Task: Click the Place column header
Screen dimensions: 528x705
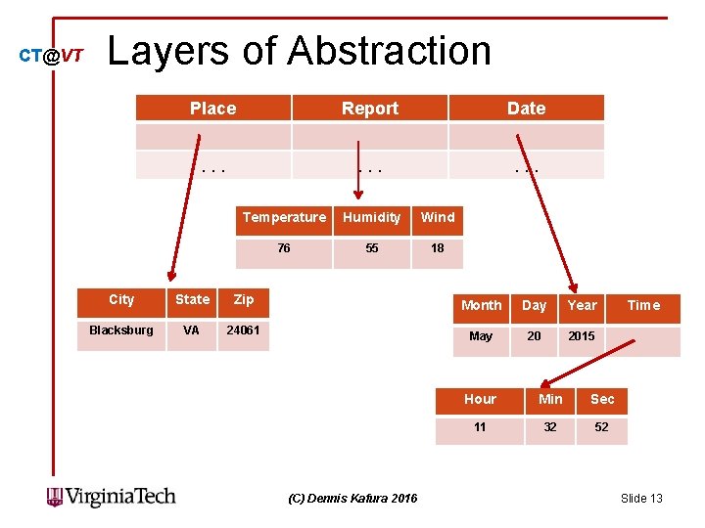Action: (212, 109)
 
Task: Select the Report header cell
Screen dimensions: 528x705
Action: (369, 109)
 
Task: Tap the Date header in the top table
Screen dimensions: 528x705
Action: (526, 109)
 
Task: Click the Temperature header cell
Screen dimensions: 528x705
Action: (284, 217)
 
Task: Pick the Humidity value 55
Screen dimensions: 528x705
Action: (372, 248)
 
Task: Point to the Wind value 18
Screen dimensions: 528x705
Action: (438, 248)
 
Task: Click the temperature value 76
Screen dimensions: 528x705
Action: (284, 248)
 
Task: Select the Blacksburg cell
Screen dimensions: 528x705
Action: (121, 330)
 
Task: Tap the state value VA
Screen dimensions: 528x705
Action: (191, 330)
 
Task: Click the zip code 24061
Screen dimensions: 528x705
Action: (243, 330)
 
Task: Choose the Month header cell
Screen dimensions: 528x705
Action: (481, 305)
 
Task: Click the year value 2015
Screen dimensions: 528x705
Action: (582, 336)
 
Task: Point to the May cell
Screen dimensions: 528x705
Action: (481, 336)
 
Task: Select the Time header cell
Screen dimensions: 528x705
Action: (643, 305)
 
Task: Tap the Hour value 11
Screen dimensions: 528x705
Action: (480, 427)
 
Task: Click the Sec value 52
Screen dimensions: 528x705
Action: (601, 427)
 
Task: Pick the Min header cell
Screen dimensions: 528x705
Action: (550, 399)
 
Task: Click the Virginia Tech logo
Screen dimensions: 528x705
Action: (112, 497)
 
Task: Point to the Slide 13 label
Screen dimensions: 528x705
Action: (641, 499)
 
